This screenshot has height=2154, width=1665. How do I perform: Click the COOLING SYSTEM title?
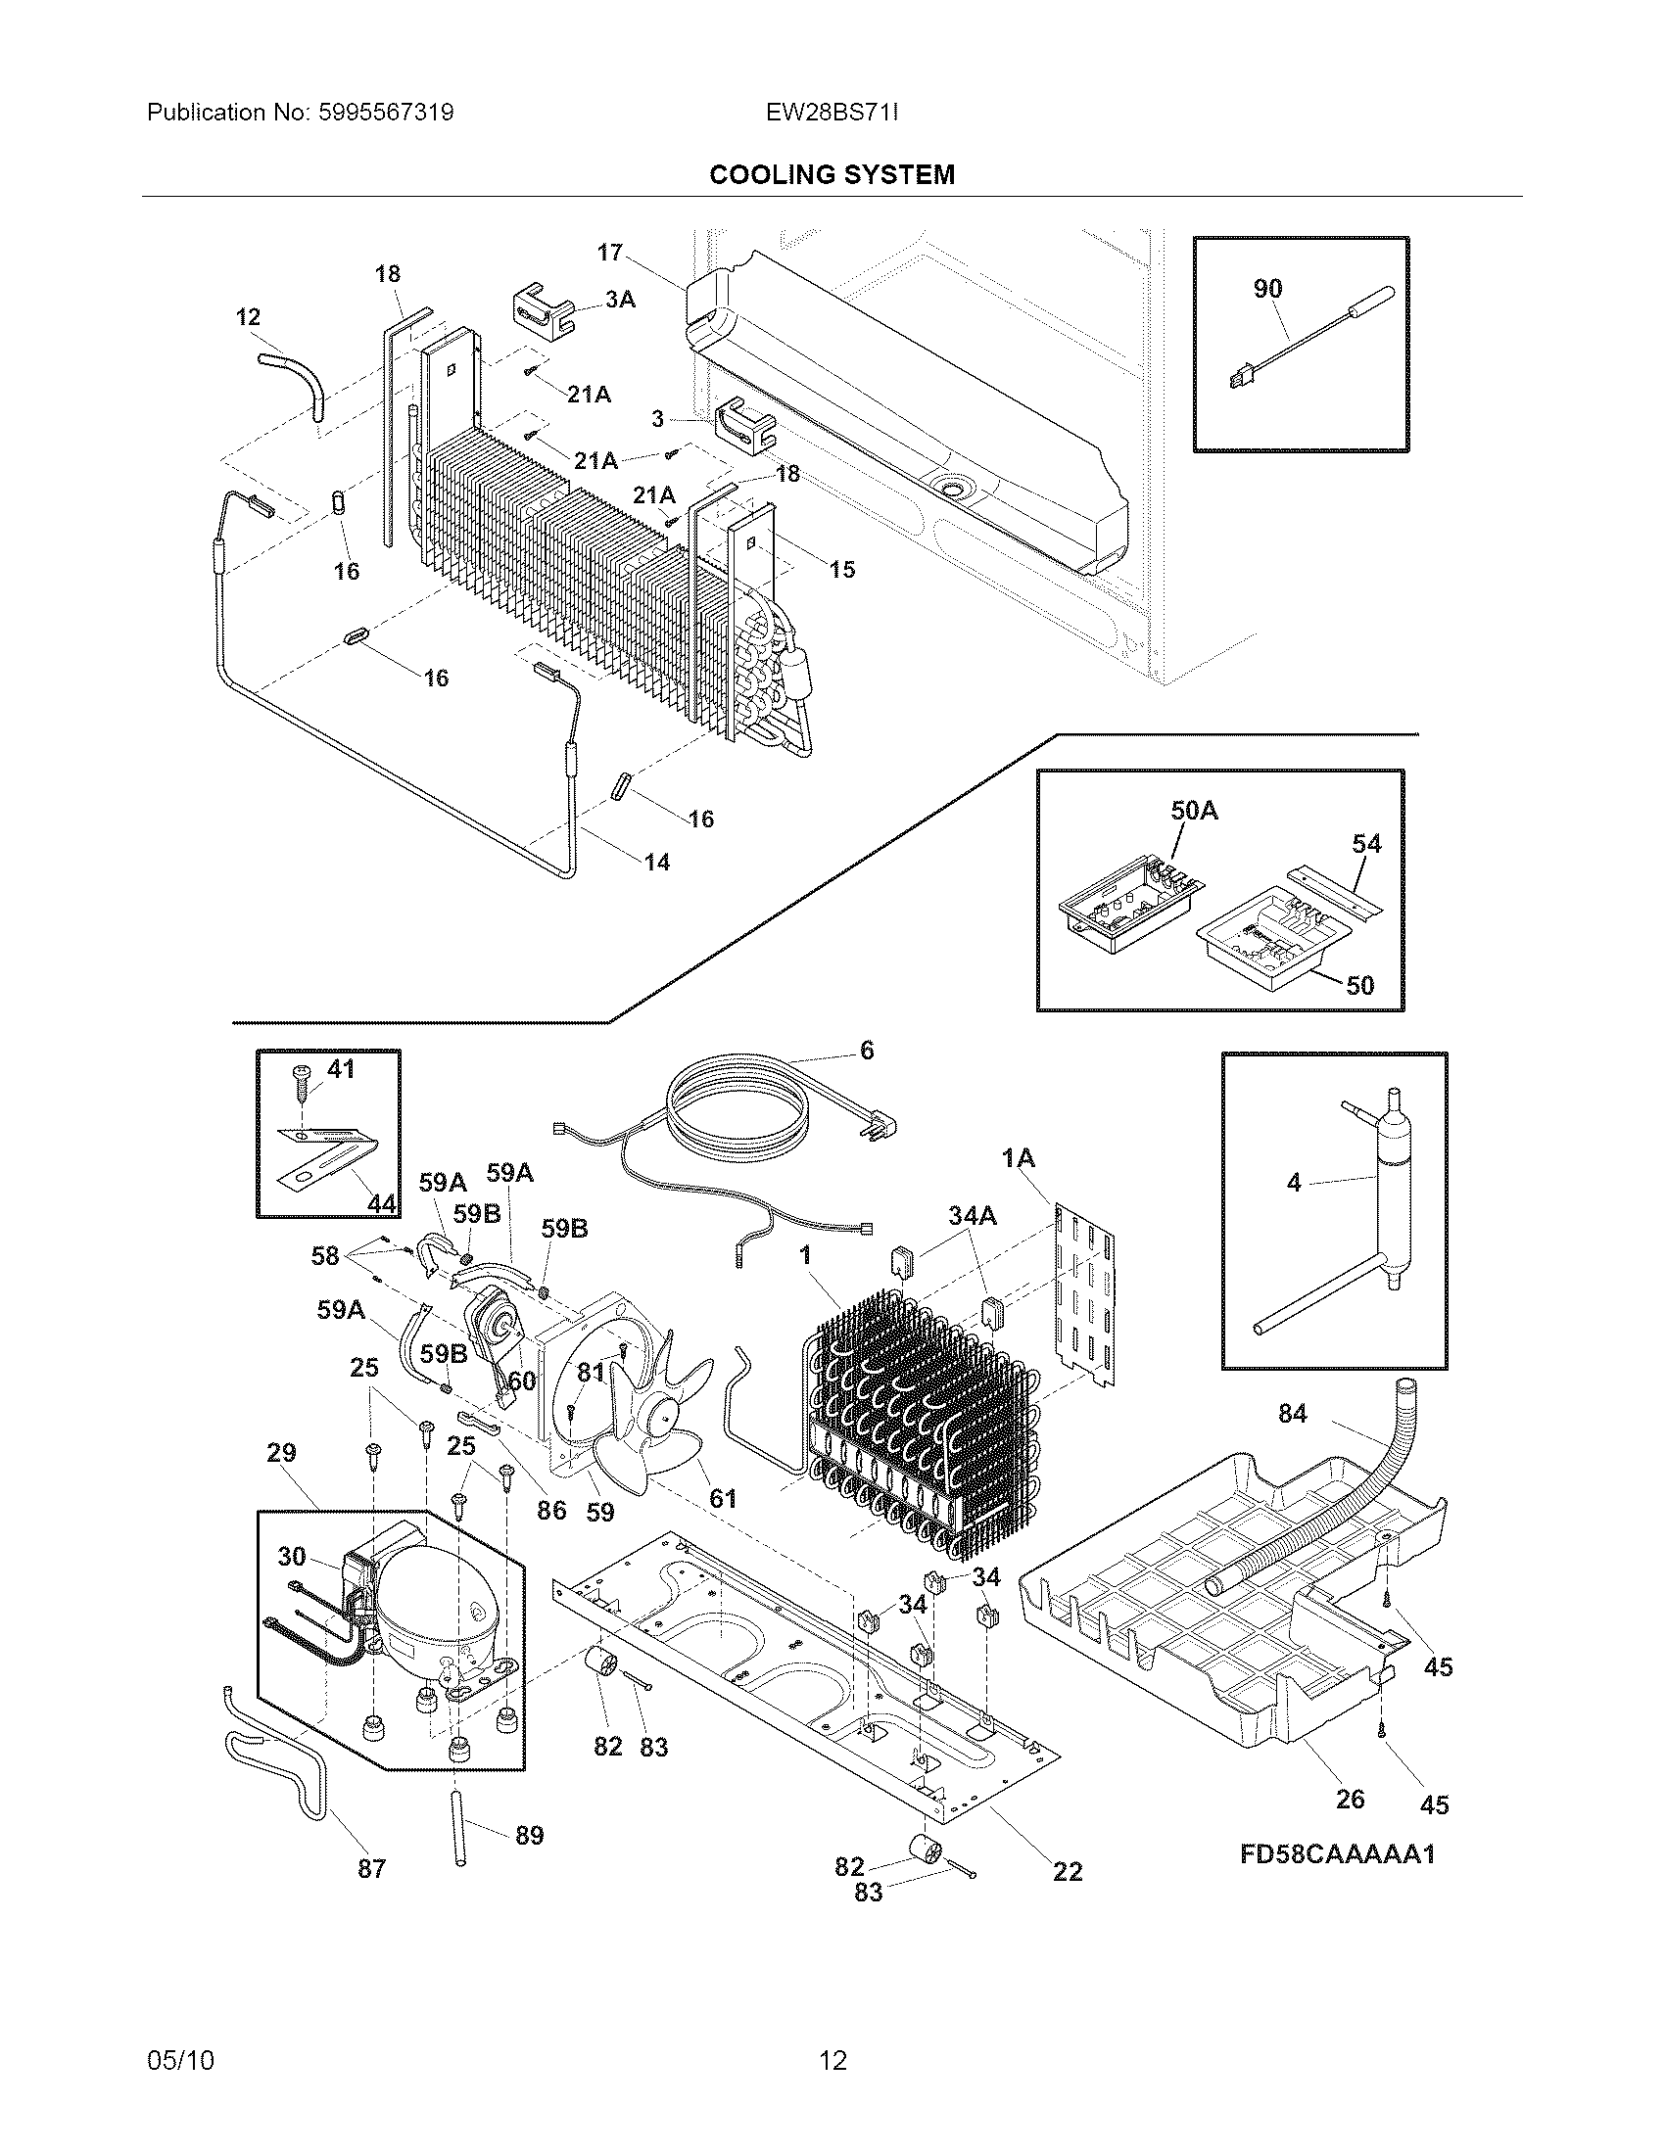[832, 174]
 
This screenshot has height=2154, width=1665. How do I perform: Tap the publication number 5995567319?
[386, 113]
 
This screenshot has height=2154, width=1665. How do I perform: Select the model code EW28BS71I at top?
[832, 113]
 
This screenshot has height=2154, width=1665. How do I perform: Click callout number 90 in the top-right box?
[1267, 288]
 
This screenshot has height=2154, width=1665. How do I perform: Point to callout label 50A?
[1194, 811]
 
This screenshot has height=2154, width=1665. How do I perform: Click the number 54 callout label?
[1366, 843]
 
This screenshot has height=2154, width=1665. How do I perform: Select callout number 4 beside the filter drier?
[1294, 1182]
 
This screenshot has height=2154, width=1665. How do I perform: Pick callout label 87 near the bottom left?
[371, 1868]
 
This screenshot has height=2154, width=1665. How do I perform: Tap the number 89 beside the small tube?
[530, 1836]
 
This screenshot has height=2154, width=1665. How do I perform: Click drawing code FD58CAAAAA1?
[1337, 1854]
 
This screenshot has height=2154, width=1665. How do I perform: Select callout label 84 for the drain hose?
[1292, 1415]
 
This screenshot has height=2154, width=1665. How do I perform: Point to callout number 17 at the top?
[609, 253]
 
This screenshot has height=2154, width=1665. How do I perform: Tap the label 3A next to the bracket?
[619, 299]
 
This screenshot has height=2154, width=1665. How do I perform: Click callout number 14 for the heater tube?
[657, 862]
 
